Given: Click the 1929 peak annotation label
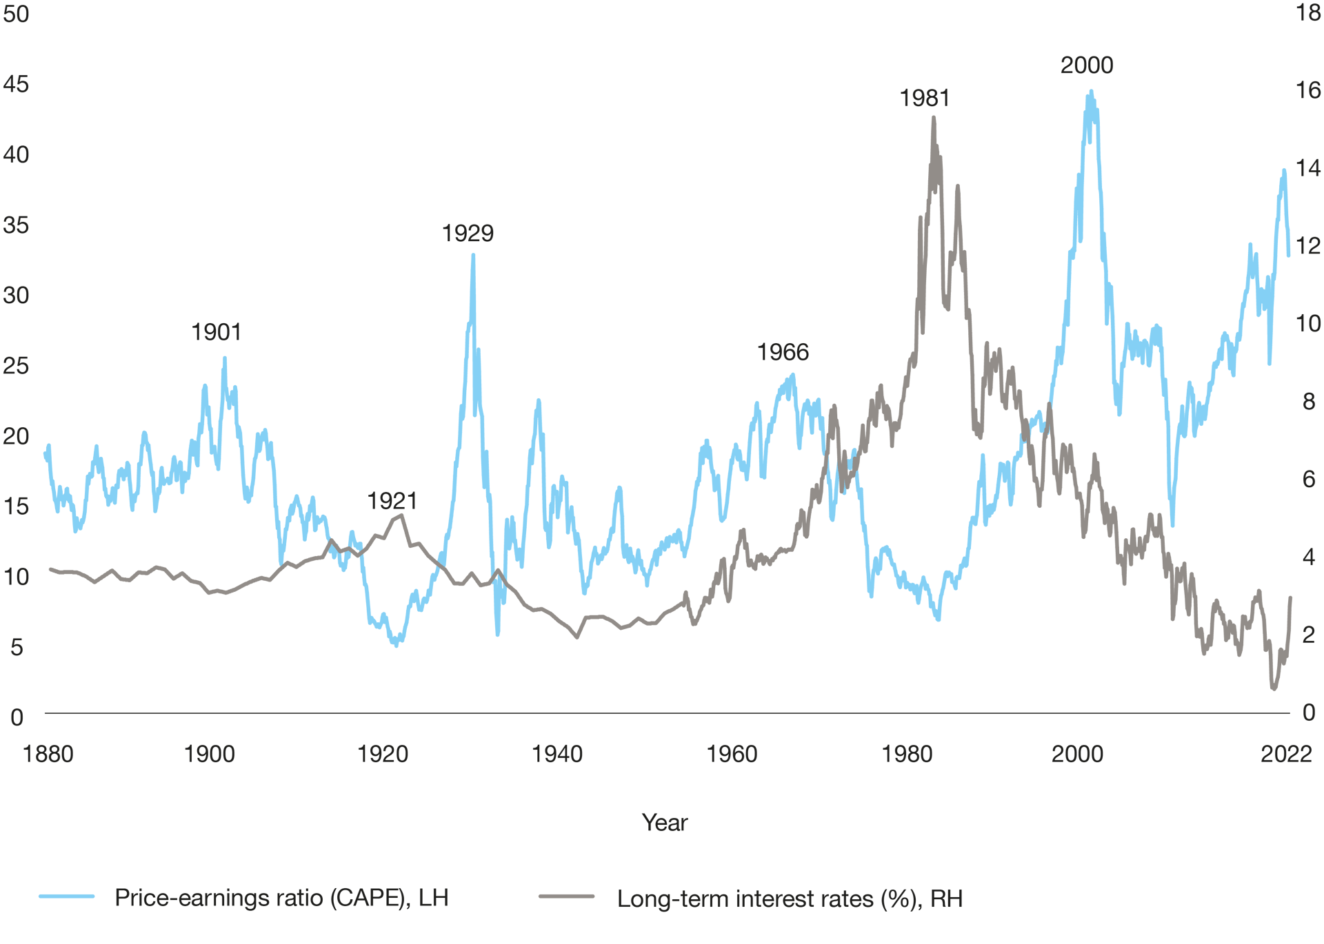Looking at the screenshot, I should pos(468,234).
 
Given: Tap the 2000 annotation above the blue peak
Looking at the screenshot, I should pos(1087,65).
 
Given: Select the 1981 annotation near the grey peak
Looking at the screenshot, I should pos(924,99).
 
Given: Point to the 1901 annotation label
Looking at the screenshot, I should pos(217,332).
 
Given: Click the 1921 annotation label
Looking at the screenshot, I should pos(392,501).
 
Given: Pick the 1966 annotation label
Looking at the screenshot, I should pos(783,352).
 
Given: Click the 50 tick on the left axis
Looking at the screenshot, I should pos(16,14).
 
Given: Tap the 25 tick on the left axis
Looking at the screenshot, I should pos(16,366).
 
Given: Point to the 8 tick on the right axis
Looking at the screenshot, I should pos(1308,401).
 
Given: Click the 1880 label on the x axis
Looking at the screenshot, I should pos(48,754).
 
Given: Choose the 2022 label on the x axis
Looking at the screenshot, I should pos(1286,754).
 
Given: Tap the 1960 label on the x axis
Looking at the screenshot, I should pos(732,754).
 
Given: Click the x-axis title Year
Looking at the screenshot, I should pos(665,822).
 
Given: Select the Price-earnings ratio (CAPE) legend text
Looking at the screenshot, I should pos(281,898).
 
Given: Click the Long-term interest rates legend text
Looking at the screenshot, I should pos(790,899).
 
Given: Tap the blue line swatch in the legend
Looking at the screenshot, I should pos(67,896).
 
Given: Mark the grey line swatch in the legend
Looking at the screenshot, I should pos(567,896).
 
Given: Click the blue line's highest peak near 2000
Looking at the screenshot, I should pos(1090,91).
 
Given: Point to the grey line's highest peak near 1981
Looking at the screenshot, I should pos(934,117).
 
